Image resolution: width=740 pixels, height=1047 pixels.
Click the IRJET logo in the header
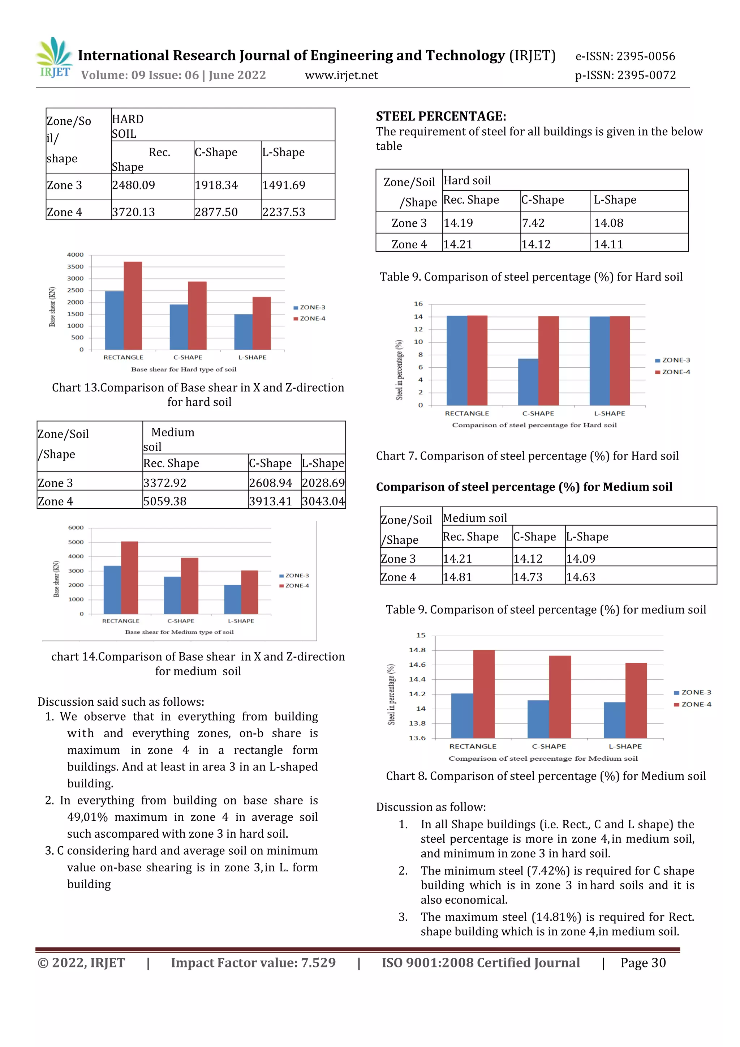[x=55, y=58]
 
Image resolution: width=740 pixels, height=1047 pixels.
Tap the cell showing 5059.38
[x=165, y=501]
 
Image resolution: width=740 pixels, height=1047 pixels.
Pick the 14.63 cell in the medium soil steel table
[x=581, y=577]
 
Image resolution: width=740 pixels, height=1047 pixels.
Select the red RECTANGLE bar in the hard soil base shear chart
[x=133, y=305]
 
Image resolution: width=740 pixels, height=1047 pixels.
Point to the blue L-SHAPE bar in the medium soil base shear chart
[x=232, y=599]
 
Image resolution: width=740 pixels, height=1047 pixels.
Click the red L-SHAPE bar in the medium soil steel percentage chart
[x=636, y=700]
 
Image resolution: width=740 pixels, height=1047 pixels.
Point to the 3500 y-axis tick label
[x=75, y=267]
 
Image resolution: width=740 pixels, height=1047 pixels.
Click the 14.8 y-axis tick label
[x=417, y=650]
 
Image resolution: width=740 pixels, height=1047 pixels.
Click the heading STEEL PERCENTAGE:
[x=440, y=116]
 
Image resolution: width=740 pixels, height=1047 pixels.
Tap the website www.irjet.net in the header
[x=341, y=75]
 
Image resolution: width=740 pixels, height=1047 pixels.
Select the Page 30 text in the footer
[x=643, y=963]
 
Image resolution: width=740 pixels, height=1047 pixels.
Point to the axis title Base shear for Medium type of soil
[x=179, y=632]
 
